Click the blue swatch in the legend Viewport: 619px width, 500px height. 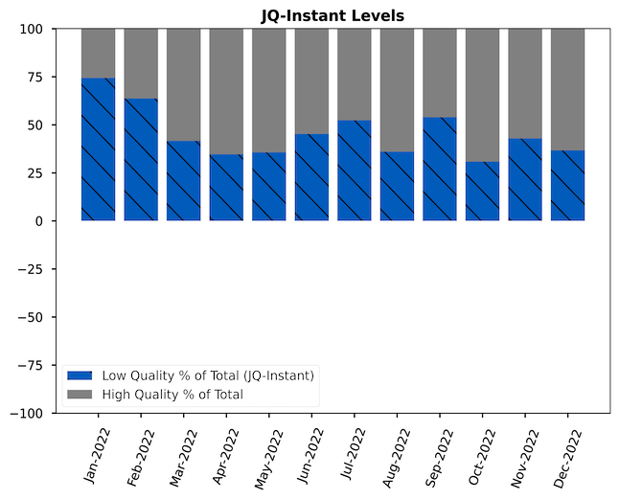80,375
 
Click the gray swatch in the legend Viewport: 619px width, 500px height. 80,394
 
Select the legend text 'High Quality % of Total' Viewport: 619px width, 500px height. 172,394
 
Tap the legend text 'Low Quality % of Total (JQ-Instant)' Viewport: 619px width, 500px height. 208,375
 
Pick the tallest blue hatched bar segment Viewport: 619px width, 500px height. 98,149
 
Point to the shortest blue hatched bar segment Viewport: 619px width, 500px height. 482,191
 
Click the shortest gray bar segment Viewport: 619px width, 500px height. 98,54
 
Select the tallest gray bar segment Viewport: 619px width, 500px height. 482,95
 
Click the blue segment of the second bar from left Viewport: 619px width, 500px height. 141,159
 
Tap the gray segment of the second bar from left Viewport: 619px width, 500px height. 141,63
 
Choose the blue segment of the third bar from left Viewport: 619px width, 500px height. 183,181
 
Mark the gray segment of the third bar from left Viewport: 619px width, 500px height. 183,85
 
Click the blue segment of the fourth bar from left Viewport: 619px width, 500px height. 226,187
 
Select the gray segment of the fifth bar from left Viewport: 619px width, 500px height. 269,90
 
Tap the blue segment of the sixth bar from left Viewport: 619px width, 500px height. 311,177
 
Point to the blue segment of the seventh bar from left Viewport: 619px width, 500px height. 355,170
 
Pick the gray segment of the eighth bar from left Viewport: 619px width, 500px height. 397,90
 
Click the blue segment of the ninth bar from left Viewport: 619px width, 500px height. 440,169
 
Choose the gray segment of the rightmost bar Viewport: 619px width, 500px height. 567,89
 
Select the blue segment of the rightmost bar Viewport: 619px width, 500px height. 567,185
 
